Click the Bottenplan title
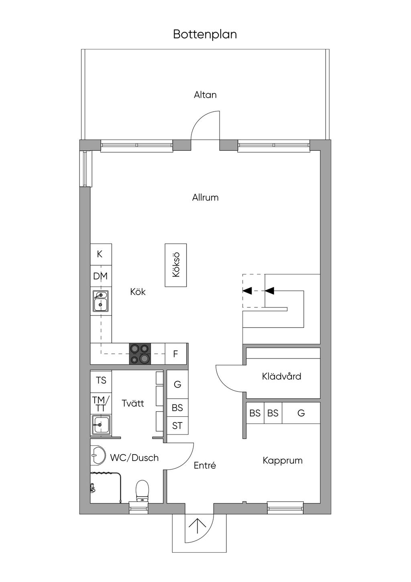[205, 34]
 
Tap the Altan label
[205, 95]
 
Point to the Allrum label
[205, 197]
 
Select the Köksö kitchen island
[176, 265]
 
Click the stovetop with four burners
[140, 353]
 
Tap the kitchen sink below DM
[101, 301]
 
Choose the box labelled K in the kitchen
[101, 254]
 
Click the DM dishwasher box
[101, 276]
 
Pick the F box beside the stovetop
[176, 354]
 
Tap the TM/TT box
[101, 403]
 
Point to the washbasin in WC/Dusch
[98, 455]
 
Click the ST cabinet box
[177, 426]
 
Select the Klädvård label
[281, 376]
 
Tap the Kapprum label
[283, 460]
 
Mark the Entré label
[205, 465]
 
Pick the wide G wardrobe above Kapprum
[301, 413]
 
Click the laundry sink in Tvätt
[101, 425]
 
